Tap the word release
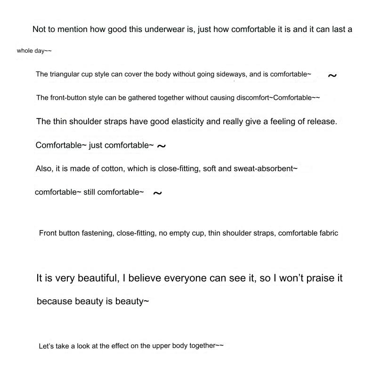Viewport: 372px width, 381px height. pos(321,121)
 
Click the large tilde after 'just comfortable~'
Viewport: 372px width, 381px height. pos(161,146)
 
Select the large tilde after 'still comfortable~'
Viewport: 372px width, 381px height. pos(158,193)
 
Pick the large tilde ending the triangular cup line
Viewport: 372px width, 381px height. pos(332,75)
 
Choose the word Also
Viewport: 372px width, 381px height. pos(44,168)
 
